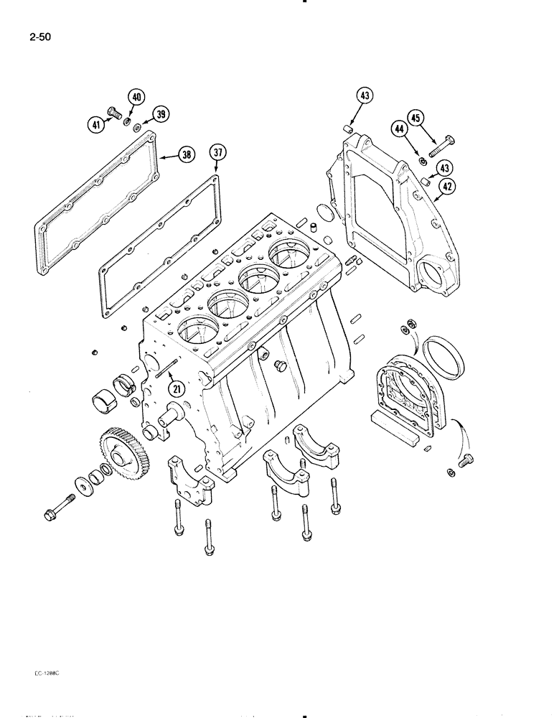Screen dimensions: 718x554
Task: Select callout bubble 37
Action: tap(217, 152)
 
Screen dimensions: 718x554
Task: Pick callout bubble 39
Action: tap(161, 115)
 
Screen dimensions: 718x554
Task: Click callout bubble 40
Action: tap(136, 98)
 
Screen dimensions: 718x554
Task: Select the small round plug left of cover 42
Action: tap(323, 213)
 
